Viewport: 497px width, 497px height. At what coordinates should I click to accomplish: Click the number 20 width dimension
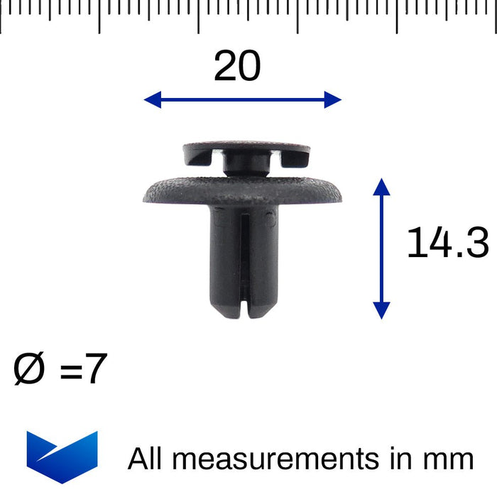(x=237, y=67)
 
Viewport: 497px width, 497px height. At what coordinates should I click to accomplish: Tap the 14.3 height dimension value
(x=447, y=244)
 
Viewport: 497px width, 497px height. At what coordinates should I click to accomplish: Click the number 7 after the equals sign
(x=95, y=370)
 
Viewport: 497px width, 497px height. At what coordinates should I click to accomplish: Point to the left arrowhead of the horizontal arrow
(x=151, y=100)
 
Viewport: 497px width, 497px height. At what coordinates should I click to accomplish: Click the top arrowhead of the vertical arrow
(x=381, y=187)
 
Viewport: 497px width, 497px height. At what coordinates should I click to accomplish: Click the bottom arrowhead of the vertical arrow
(x=381, y=310)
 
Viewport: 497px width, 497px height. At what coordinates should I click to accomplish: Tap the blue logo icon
(x=62, y=456)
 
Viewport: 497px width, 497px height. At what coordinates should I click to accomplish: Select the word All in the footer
(x=146, y=459)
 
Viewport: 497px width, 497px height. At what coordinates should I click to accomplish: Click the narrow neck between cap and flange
(x=246, y=168)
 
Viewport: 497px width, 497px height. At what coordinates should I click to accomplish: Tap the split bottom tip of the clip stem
(x=244, y=311)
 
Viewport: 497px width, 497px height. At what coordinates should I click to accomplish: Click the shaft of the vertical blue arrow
(x=381, y=248)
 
